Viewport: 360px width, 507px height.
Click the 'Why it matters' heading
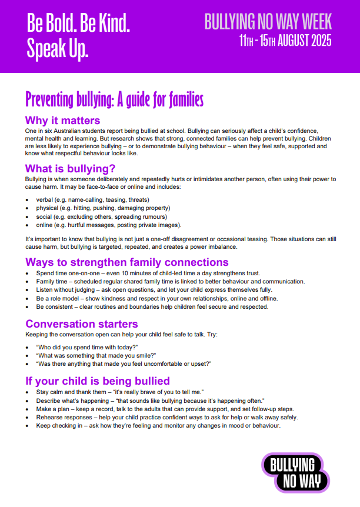pos(62,121)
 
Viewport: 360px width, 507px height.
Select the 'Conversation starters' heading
pos(81,324)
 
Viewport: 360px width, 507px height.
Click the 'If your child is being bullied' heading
pos(97,381)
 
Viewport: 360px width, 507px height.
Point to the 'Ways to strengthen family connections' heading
pos(126,262)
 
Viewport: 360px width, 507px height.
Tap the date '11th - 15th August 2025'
pos(285,41)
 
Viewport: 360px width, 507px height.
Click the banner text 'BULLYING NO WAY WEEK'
pos(268,22)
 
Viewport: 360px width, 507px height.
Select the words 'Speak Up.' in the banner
pos(58,49)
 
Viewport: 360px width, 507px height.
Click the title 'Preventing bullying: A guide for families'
pos(115,99)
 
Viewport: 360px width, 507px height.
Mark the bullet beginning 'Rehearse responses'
pos(166,417)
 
